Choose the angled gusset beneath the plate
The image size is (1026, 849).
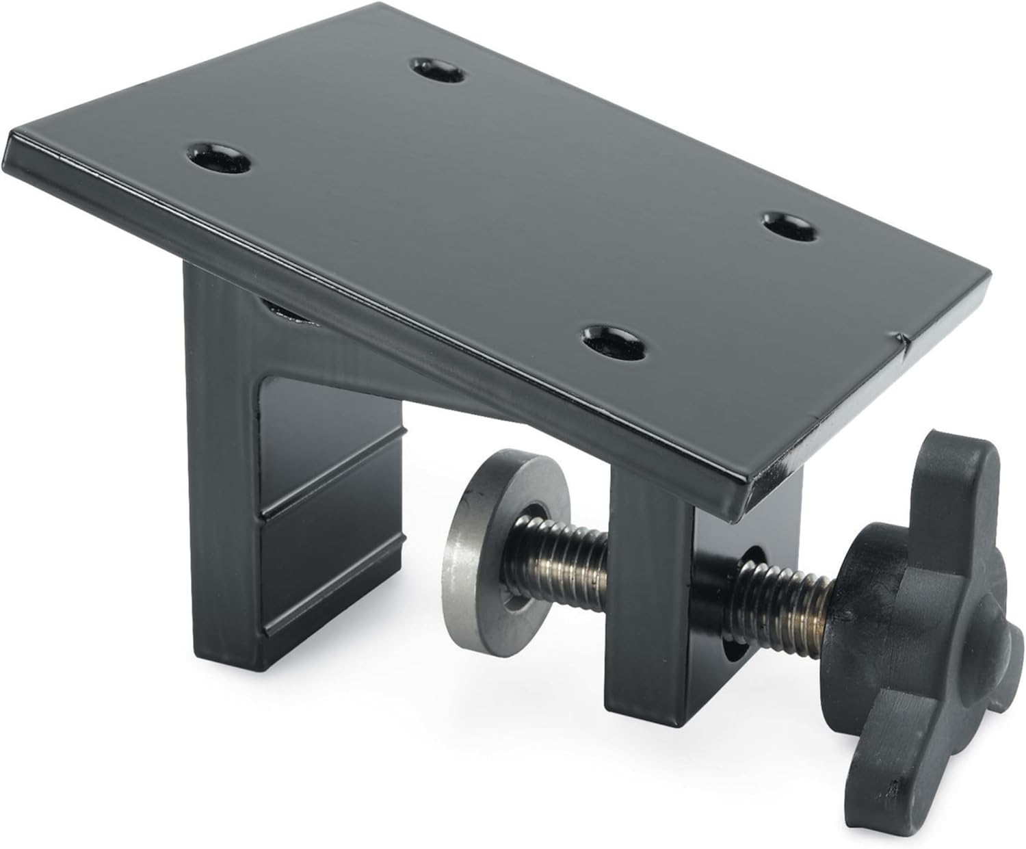tap(383, 363)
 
